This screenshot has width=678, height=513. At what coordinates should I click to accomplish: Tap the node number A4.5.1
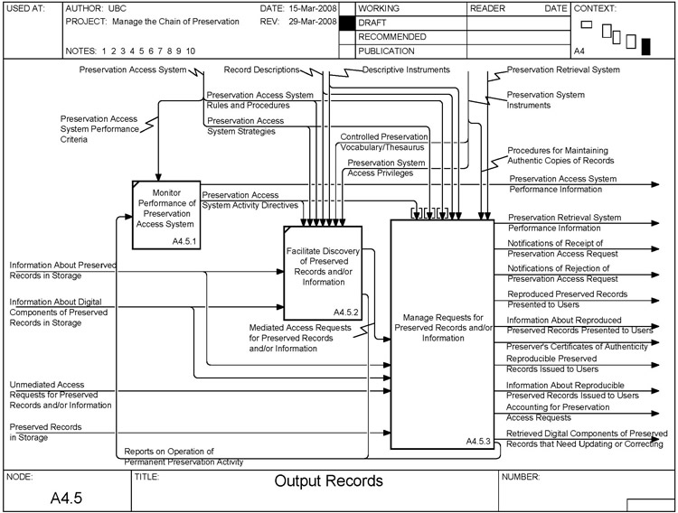coord(184,242)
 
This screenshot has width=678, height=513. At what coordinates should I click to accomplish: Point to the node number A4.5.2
coord(346,312)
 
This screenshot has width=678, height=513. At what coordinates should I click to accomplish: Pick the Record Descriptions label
coord(262,69)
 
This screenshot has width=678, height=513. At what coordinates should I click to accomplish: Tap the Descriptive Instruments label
coord(406,69)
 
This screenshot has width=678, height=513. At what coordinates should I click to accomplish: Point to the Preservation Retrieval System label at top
coord(563,69)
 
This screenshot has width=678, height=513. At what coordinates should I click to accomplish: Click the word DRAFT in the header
coord(373,22)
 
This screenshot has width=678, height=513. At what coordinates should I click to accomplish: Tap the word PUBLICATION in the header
coord(391,51)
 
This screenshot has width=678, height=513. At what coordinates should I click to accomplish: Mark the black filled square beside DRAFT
coord(346,23)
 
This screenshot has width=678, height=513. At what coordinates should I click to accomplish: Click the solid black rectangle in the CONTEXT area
coord(645,46)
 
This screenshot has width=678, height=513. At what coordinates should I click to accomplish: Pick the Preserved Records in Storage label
coord(42,432)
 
